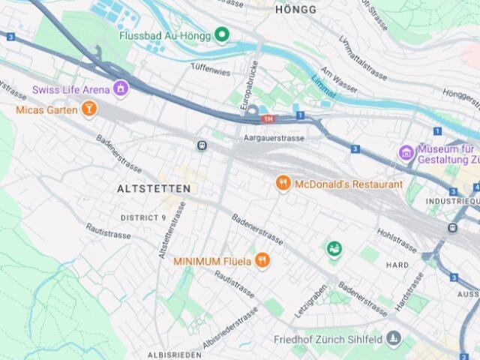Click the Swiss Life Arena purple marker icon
point(119,90)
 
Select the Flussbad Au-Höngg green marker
point(222,34)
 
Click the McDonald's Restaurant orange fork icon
point(283,184)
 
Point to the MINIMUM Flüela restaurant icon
point(262,261)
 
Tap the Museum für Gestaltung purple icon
point(406,153)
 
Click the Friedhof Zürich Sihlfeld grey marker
point(391,340)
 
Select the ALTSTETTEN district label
point(154,189)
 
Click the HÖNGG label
point(295,9)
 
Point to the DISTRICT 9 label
point(143,217)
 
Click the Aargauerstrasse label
point(274,139)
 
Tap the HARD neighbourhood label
point(397,265)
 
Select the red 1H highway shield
point(268,118)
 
